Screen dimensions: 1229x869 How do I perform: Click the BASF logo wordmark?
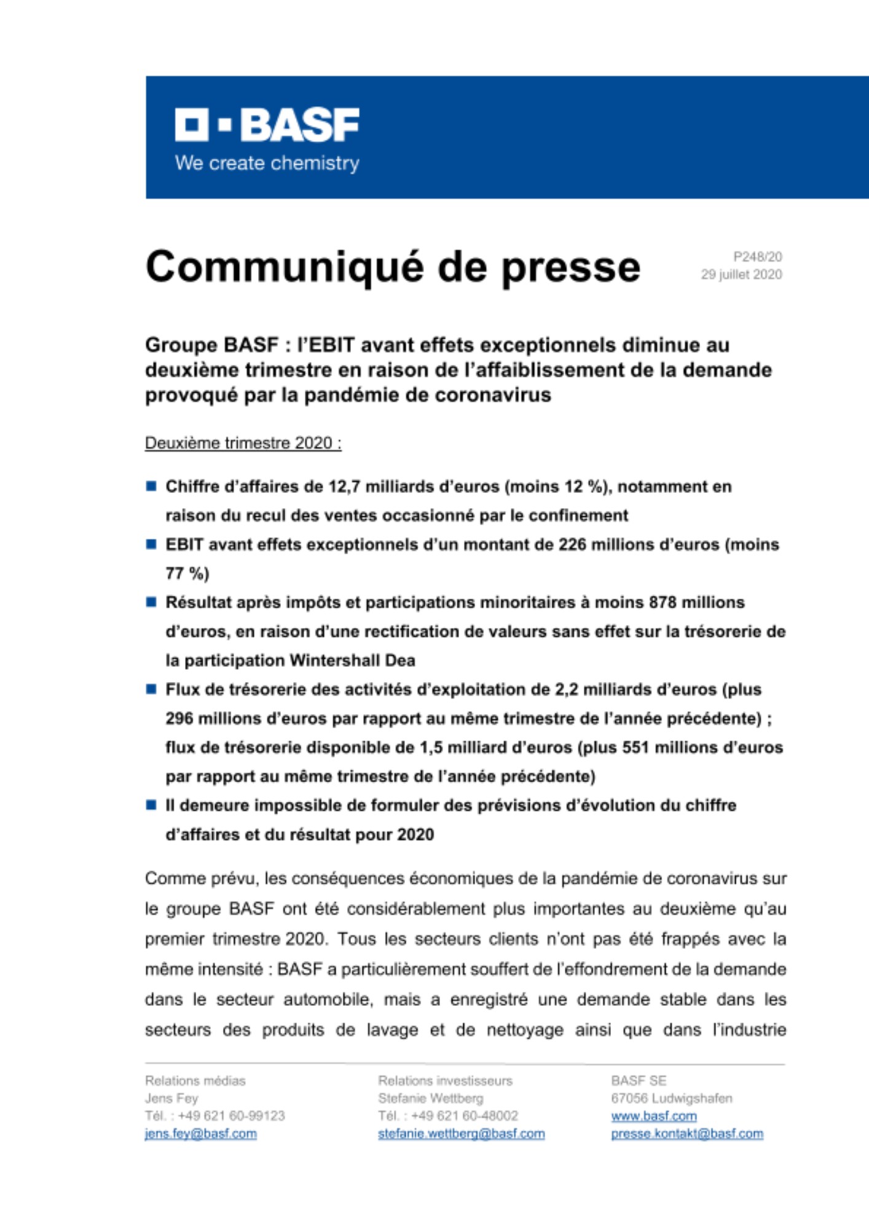coord(267,125)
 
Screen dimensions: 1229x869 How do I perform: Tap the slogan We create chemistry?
coord(267,163)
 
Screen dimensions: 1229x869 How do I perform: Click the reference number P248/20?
coord(757,257)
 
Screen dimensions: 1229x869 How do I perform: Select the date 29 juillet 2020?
coord(741,275)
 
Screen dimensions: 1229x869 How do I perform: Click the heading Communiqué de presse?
coord(393,267)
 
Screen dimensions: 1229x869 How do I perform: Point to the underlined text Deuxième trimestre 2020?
coord(243,443)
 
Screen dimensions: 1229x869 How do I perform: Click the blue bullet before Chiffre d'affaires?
coord(151,487)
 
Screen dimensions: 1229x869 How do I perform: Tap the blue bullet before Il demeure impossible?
coord(151,805)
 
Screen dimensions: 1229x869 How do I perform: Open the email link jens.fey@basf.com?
coord(201,1134)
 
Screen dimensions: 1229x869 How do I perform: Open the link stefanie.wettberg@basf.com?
coord(461,1134)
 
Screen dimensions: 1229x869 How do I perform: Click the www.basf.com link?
coord(653,1116)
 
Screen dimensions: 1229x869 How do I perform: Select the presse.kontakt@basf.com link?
coord(686,1134)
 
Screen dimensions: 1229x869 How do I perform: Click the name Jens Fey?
coord(171,1098)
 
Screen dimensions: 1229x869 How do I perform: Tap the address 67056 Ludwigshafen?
coord(671,1098)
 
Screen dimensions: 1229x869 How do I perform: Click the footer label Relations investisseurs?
coord(445,1080)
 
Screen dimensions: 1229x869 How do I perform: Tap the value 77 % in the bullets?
coord(187,574)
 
